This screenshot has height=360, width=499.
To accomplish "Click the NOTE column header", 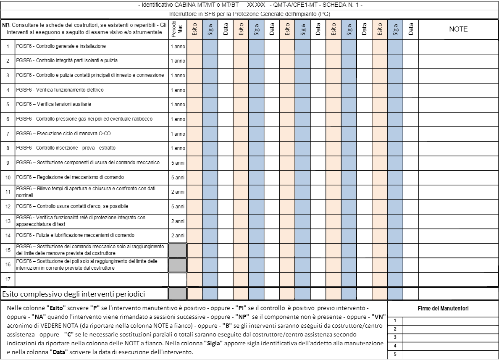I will coord(458,29).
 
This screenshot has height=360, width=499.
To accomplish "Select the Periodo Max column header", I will coord(178,29).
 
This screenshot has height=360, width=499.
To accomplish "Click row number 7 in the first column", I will coord(8,134).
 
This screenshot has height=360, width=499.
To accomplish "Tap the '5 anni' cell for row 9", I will coord(178,163).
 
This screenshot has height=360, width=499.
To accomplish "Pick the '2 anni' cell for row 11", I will coord(178,192).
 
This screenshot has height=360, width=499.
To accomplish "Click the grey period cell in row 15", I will coord(177,250).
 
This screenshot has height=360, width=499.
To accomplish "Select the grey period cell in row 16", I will coord(177,265).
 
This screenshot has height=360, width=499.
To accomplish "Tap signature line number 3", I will coord(451,337).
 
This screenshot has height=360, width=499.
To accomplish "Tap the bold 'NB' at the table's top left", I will coord(5,25).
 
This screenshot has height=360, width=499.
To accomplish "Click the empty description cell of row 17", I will coord(92,279).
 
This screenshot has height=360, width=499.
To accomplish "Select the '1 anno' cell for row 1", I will coord(178,46).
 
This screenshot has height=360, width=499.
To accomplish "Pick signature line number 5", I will coord(451,354).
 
